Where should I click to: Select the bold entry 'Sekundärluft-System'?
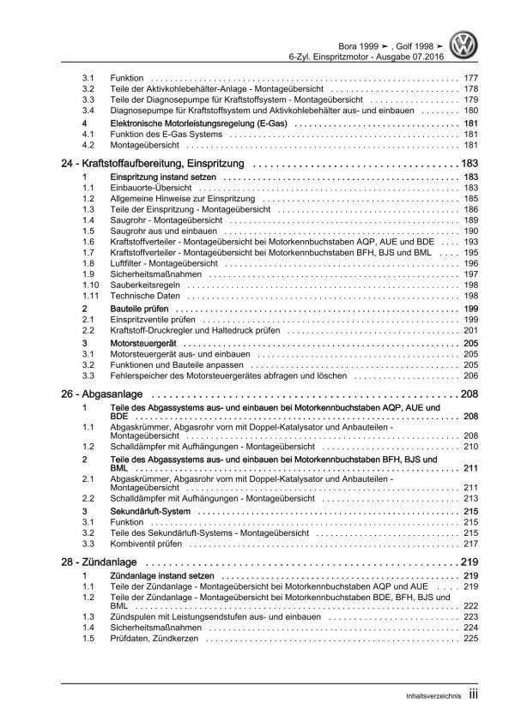(x=156, y=511)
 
